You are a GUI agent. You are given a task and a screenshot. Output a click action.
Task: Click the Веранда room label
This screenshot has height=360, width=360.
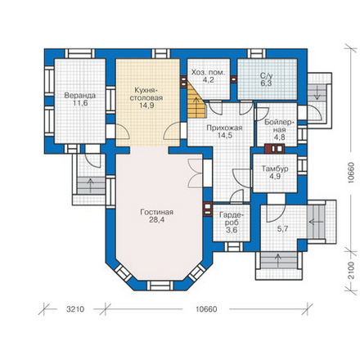pyautogui.click(x=80, y=96)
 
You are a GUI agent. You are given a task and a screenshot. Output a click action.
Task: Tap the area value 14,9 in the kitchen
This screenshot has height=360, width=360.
pyautogui.click(x=146, y=106)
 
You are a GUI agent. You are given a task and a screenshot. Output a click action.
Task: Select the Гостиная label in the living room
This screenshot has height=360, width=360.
pyautogui.click(x=157, y=212)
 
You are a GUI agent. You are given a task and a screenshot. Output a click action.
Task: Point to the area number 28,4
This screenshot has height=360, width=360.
pyautogui.click(x=157, y=220)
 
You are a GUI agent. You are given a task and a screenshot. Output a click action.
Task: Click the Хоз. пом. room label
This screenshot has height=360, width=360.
pyautogui.click(x=209, y=73)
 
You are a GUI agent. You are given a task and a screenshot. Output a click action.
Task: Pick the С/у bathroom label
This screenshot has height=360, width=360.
pyautogui.click(x=266, y=76)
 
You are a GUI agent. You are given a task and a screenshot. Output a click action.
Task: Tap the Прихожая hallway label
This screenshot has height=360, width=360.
pyautogui.click(x=224, y=128)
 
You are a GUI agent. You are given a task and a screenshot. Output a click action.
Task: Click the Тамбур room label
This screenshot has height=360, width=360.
pyautogui.click(x=275, y=169)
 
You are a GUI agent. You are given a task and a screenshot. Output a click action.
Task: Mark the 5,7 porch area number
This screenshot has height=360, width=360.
pyautogui.click(x=282, y=229)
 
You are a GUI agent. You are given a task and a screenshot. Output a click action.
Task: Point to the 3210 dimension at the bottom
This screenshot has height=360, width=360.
pyautogui.click(x=75, y=309)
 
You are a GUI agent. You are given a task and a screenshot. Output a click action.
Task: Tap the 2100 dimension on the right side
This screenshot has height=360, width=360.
pyautogui.click(x=352, y=270)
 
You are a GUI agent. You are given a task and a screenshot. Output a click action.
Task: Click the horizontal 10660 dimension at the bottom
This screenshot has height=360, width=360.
pyautogui.click(x=206, y=309)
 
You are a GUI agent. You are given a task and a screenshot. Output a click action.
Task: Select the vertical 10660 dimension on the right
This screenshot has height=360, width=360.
pyautogui.click(x=351, y=173)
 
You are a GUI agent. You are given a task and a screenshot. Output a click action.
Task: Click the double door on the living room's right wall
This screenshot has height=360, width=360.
pyautogui.click(x=196, y=173)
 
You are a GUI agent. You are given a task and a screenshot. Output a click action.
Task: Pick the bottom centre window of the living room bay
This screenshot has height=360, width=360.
pyautogui.click(x=160, y=286)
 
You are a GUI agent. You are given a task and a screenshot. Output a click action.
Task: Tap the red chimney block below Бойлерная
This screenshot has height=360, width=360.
pyautogui.click(x=274, y=149)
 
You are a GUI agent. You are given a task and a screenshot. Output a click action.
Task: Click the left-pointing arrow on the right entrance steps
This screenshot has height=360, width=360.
pyautogui.click(x=316, y=222)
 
